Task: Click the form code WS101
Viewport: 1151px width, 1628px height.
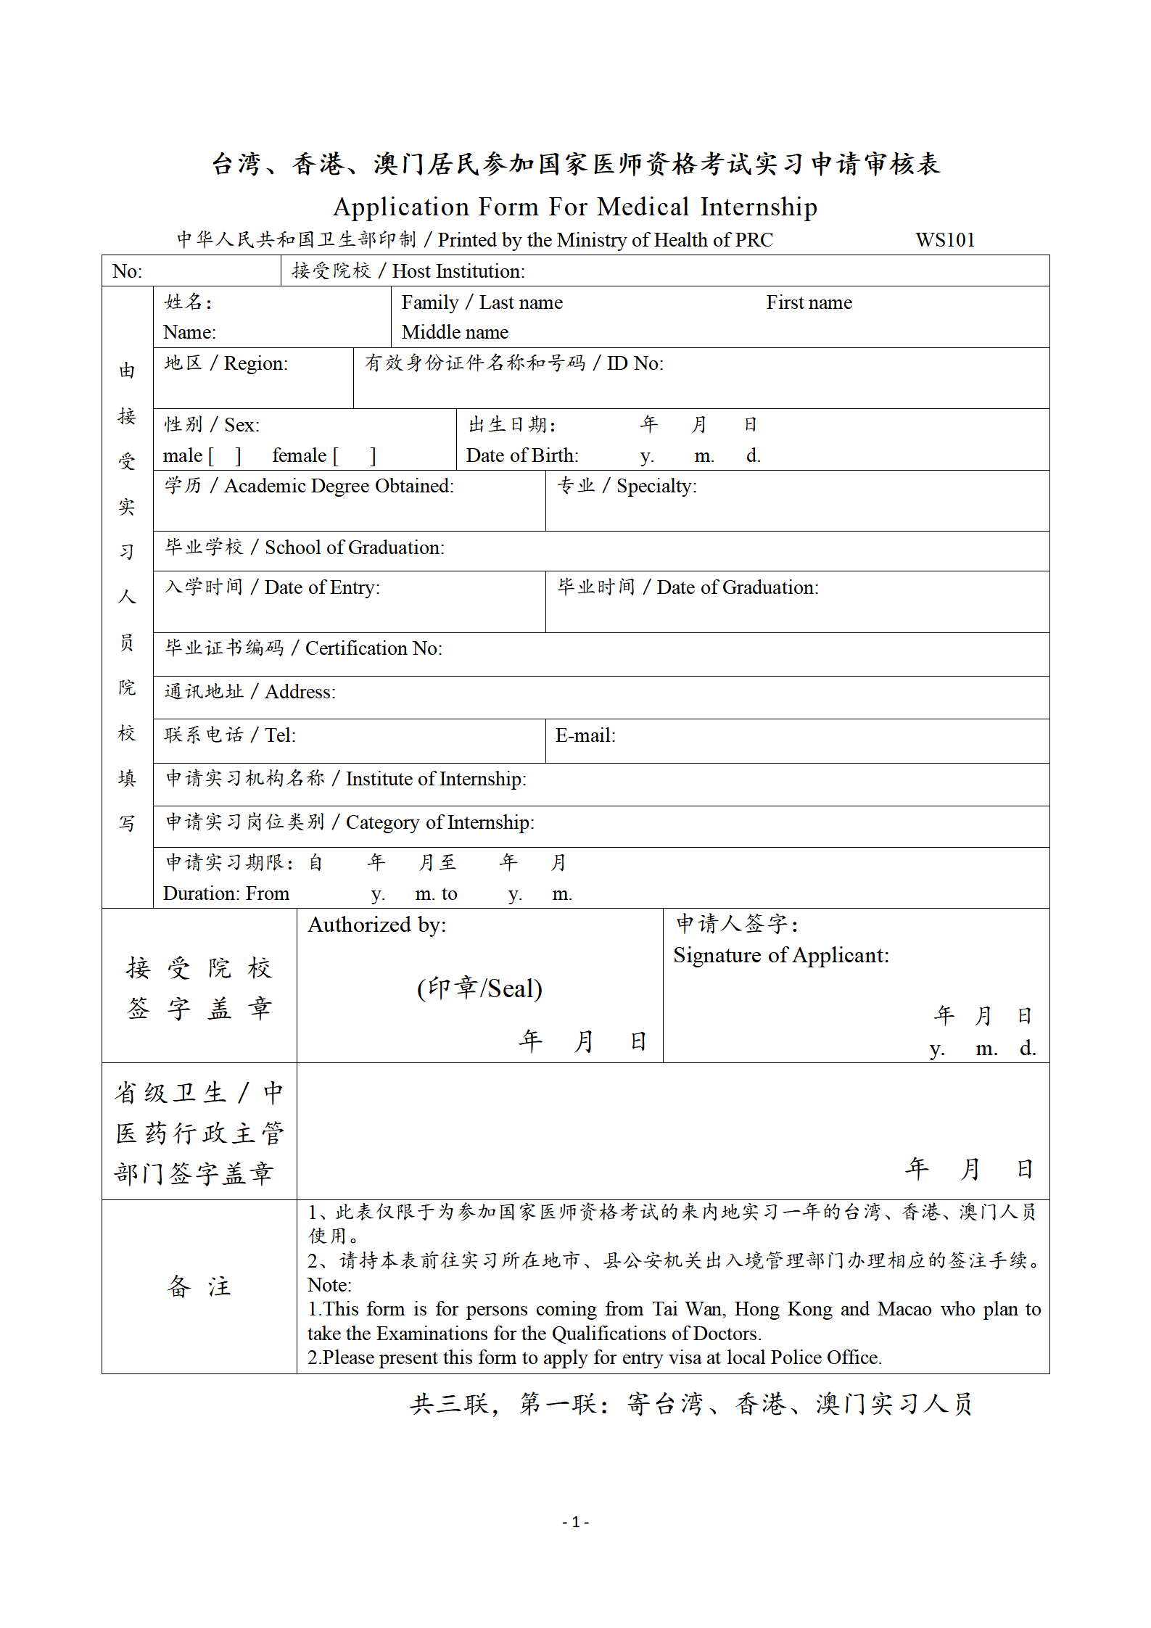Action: pyautogui.click(x=944, y=240)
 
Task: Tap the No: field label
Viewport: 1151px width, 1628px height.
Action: pyautogui.click(x=128, y=271)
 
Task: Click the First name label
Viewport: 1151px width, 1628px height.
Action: pyautogui.click(x=809, y=302)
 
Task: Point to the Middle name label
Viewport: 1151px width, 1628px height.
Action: pyautogui.click(x=455, y=332)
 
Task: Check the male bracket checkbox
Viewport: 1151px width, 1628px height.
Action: pyautogui.click(x=225, y=456)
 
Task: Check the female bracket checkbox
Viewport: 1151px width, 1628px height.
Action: pyautogui.click(x=355, y=456)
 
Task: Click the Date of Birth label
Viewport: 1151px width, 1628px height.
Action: pyautogui.click(x=522, y=455)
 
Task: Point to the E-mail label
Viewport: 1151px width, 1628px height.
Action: pyautogui.click(x=585, y=736)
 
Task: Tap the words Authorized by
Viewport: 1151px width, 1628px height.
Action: pyautogui.click(x=377, y=925)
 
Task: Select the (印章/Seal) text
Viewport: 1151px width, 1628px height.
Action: pyautogui.click(x=479, y=988)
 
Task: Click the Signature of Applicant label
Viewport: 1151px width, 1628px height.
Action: pyautogui.click(x=780, y=956)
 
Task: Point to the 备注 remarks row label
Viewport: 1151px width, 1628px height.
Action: pyautogui.click(x=199, y=1286)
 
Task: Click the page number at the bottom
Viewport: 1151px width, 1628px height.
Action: pyautogui.click(x=575, y=1522)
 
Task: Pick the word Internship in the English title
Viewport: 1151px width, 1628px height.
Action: pyautogui.click(x=759, y=207)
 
